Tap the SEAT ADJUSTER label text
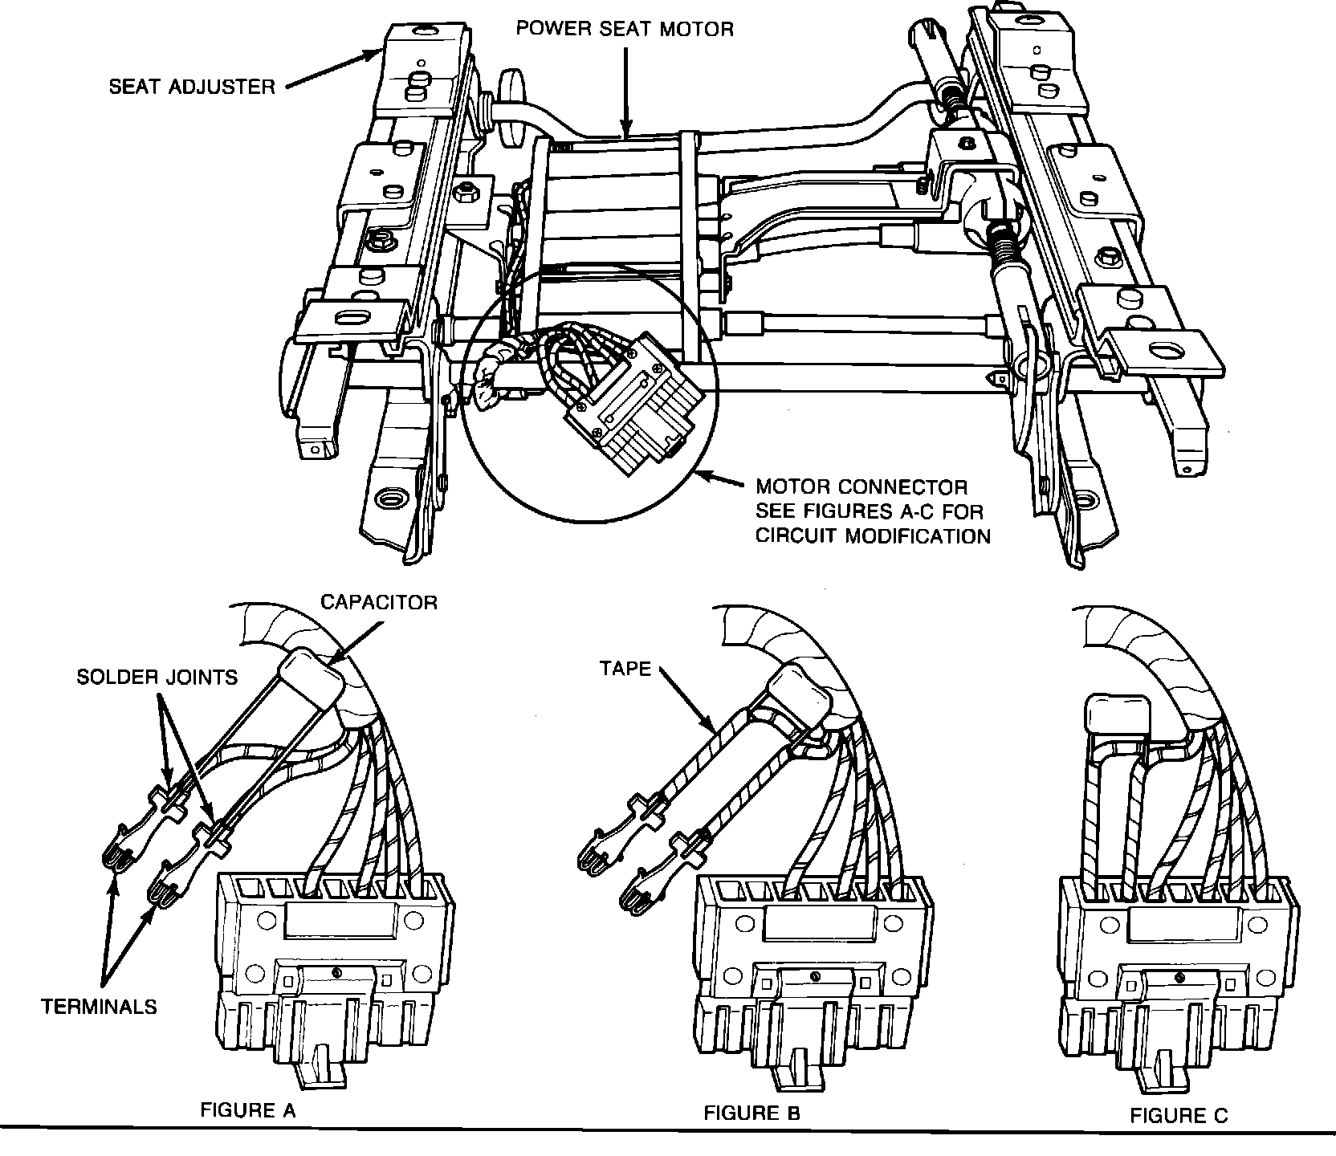click(x=192, y=86)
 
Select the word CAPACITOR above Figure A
click(x=379, y=602)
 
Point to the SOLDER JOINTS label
click(x=157, y=677)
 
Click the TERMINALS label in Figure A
click(x=100, y=1006)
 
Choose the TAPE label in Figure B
click(x=625, y=668)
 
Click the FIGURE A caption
click(x=247, y=1111)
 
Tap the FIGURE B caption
click(x=751, y=1113)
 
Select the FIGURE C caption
click(x=1179, y=1115)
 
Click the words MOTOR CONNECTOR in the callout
click(x=861, y=487)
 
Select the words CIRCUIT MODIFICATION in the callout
click(x=873, y=535)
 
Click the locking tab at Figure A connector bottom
click(x=324, y=1060)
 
